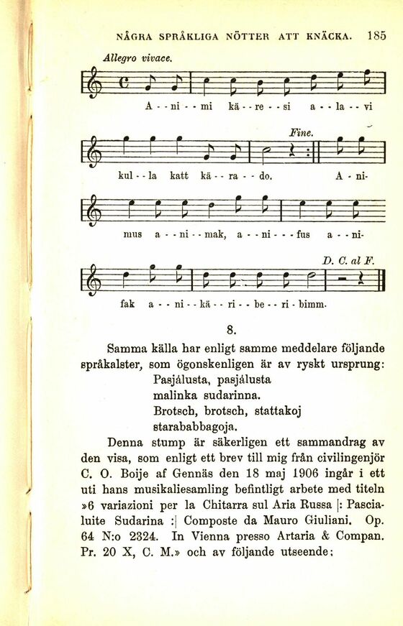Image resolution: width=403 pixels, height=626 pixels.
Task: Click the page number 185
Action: (x=376, y=34)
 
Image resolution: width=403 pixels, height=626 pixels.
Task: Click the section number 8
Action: (x=232, y=331)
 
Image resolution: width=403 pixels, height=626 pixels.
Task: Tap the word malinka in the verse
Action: (x=175, y=395)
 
